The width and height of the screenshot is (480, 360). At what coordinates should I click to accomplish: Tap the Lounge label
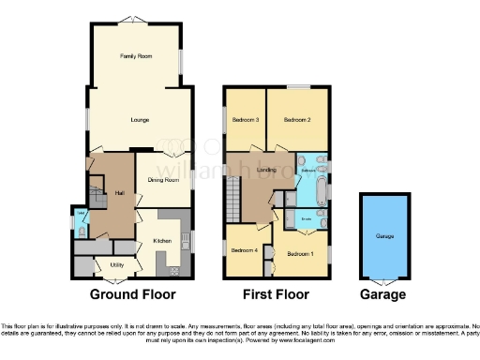click(x=139, y=120)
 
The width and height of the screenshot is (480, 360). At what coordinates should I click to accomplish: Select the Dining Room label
click(x=164, y=180)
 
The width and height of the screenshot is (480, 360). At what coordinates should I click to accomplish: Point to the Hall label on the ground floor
click(x=120, y=193)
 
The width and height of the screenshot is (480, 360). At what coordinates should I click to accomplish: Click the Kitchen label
click(x=161, y=241)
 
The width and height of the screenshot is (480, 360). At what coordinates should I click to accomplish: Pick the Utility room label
click(x=117, y=265)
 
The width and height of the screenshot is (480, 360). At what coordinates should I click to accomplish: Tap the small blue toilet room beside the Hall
click(x=81, y=221)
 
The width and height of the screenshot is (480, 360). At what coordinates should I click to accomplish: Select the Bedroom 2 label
click(x=297, y=120)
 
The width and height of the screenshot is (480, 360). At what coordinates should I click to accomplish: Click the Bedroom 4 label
click(x=245, y=249)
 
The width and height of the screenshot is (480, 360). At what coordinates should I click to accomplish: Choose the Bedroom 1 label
click(x=300, y=254)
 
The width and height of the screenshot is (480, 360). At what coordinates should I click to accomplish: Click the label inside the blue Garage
click(x=384, y=237)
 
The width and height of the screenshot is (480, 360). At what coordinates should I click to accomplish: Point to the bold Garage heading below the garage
click(x=384, y=294)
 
